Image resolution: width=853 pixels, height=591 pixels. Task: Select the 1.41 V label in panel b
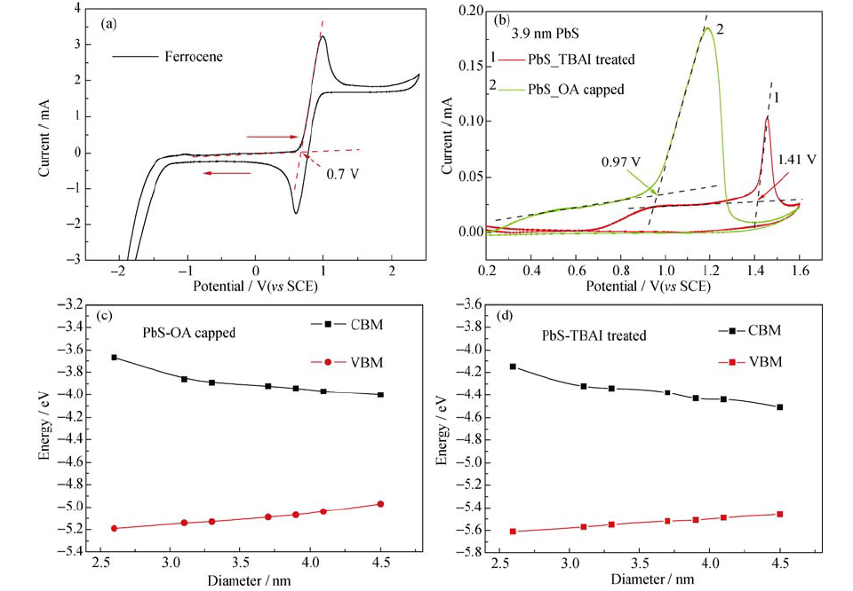point(796,160)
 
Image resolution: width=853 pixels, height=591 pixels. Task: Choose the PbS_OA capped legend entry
point(575,89)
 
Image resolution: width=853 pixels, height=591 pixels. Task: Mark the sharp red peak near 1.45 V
point(767,116)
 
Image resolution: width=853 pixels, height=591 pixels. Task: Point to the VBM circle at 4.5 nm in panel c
point(380,504)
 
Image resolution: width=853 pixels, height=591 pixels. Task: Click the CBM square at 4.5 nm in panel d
point(780,407)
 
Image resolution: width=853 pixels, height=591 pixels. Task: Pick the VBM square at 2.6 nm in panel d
point(538,531)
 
